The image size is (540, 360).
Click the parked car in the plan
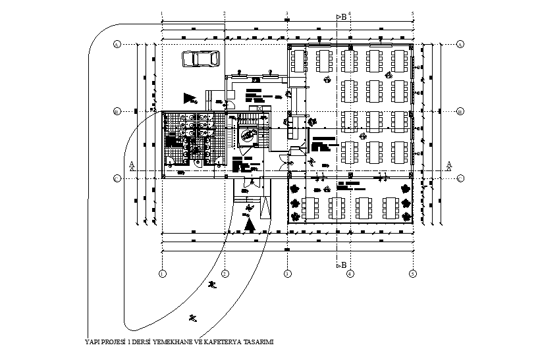click(x=200, y=59)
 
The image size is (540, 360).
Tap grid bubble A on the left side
click(x=116, y=44)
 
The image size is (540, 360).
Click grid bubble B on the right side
click(x=460, y=111)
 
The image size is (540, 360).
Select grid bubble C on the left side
click(x=116, y=178)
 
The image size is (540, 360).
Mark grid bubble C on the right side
click(x=460, y=178)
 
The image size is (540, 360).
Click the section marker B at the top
click(x=342, y=17)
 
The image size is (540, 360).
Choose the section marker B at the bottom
click(x=342, y=265)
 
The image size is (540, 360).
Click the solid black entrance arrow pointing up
click(x=250, y=224)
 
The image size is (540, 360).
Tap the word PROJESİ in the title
click(x=113, y=342)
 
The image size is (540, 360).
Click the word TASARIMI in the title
click(x=258, y=342)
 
